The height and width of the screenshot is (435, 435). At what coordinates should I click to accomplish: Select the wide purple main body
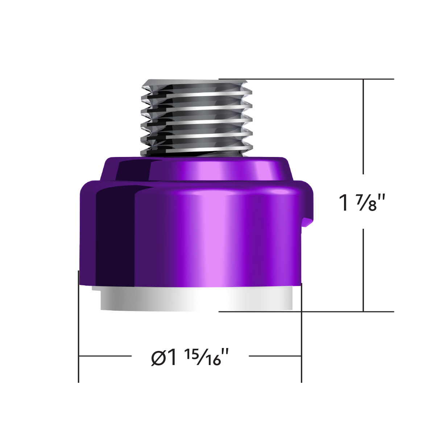(x=192, y=232)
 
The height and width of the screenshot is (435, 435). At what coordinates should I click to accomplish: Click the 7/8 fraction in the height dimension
(x=366, y=203)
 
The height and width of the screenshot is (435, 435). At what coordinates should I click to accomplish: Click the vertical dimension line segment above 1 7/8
(x=364, y=127)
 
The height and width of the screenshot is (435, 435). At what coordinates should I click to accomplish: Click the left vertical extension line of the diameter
(x=79, y=326)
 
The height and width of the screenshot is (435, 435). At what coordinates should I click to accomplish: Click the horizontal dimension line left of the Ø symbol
(x=105, y=356)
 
